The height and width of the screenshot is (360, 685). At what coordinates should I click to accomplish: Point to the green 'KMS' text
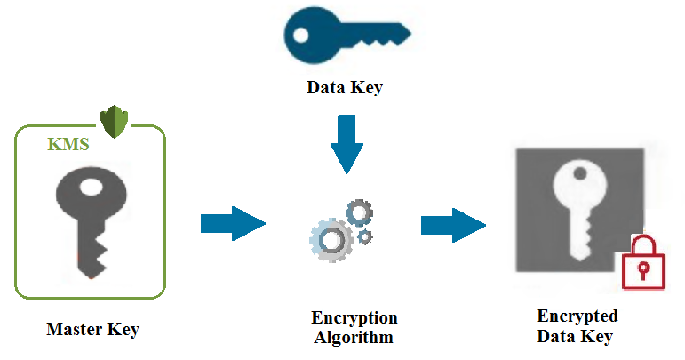tap(68, 145)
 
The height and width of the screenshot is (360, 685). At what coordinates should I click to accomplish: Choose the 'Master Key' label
tap(92, 330)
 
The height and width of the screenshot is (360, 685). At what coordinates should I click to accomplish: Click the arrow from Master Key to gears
tap(233, 222)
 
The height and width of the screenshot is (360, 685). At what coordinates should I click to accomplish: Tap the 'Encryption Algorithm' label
tap(354, 327)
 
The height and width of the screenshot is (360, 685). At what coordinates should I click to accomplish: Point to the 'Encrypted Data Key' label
tap(577, 326)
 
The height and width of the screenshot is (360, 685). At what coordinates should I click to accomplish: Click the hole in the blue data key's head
tap(301, 35)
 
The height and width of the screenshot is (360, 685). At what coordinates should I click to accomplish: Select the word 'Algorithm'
tap(354, 337)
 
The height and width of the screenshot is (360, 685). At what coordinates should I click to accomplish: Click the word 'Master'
tap(72, 330)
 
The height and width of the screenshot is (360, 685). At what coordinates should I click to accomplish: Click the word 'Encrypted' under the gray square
tap(577, 316)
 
